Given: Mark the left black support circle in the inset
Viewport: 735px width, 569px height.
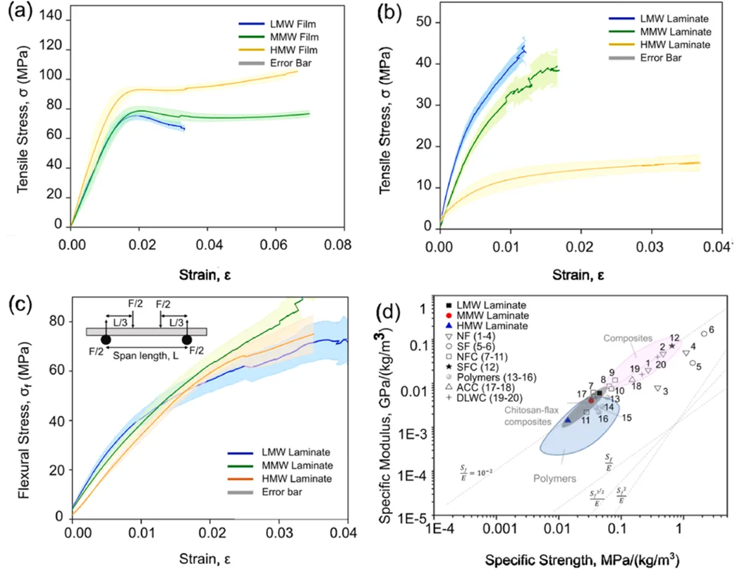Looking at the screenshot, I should [105, 340].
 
